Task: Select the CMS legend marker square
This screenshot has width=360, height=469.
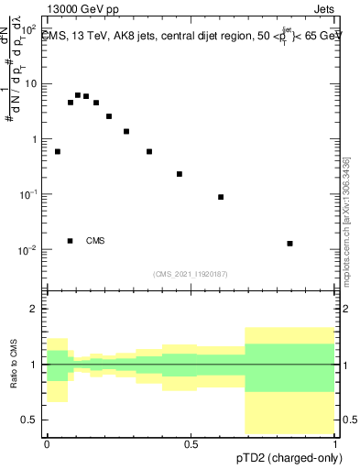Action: [x=71, y=241]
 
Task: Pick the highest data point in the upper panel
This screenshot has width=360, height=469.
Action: [x=78, y=94]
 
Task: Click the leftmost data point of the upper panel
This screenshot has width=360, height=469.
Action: [x=58, y=151]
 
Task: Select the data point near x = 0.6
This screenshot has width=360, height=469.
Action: [x=221, y=197]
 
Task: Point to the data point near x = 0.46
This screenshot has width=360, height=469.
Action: [x=180, y=174]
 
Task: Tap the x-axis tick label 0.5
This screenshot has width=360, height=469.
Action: [x=191, y=444]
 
